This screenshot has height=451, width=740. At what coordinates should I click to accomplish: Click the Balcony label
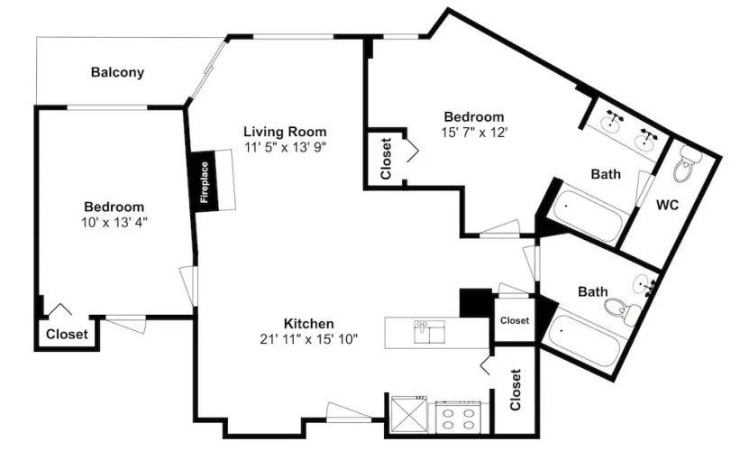117,72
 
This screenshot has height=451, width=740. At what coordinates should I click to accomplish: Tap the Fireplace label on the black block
205,182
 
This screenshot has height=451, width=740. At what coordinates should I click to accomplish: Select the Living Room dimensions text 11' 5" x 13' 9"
285,147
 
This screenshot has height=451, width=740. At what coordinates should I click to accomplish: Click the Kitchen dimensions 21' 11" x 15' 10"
308,339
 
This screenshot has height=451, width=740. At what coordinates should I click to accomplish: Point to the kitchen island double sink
429,332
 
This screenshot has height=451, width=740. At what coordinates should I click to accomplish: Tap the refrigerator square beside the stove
409,414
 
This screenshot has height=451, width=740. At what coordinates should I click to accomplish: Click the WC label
668,205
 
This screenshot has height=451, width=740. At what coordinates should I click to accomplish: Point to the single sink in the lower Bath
644,285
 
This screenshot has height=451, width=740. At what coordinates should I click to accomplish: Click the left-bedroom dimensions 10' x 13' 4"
114,223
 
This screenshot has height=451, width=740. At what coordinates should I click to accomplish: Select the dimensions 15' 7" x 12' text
474,133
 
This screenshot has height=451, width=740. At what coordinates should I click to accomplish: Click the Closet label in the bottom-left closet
67,335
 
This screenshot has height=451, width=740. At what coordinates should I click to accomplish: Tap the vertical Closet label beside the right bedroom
386,159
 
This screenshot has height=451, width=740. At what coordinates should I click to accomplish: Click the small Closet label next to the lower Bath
515,320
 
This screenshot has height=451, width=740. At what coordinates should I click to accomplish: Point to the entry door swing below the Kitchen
349,411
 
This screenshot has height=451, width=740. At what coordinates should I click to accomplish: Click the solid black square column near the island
476,303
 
